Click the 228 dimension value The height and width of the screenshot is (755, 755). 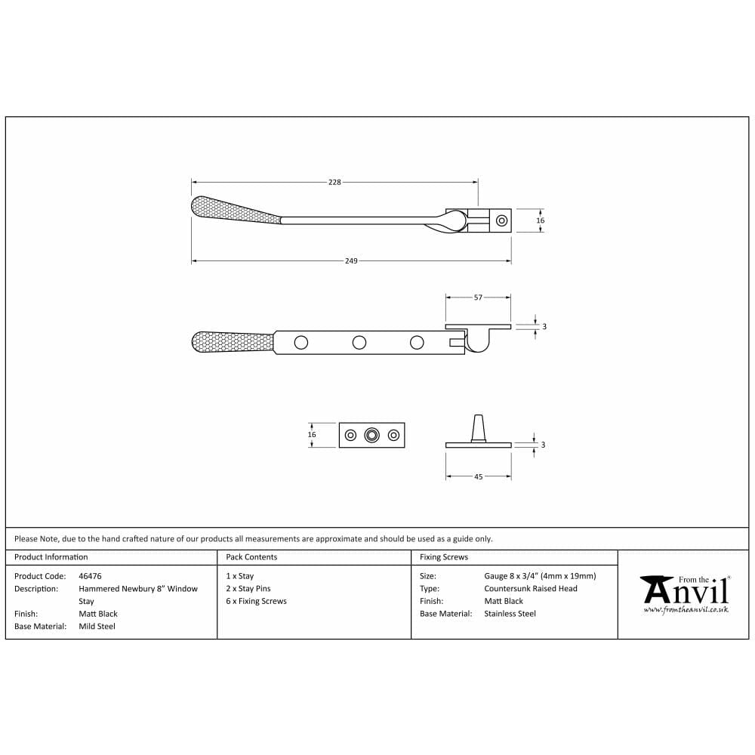click(334, 182)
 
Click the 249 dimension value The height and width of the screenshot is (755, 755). click(351, 260)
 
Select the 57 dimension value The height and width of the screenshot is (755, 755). click(478, 297)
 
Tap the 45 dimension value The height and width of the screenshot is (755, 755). click(478, 477)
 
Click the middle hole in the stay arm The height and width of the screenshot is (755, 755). click(359, 343)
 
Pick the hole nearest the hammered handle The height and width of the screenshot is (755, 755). click(301, 343)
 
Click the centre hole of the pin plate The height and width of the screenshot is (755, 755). click(371, 435)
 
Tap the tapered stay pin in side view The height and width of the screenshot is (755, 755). click(478, 427)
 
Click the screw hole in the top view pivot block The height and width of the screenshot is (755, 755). click(501, 220)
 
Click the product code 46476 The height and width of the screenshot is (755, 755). click(90, 576)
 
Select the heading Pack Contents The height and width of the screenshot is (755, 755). click(251, 557)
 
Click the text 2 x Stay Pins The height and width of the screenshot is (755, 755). click(248, 589)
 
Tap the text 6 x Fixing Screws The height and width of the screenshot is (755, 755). click(256, 602)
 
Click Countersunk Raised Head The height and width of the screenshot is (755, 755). click(530, 589)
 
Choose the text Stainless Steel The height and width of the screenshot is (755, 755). click(510, 614)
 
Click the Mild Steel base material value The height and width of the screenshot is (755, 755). click(97, 627)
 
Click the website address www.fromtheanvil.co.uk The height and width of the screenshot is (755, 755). click(686, 609)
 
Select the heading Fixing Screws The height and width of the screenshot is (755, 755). click(444, 557)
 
